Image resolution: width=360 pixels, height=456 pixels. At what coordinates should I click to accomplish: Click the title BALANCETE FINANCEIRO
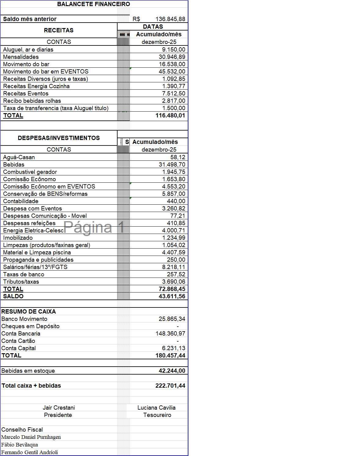(x=93, y=4)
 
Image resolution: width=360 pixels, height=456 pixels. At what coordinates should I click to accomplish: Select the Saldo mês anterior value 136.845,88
(x=170, y=19)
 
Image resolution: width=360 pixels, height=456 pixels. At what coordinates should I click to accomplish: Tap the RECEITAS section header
(x=59, y=30)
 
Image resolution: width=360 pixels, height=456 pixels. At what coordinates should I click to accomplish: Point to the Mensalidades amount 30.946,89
(x=172, y=57)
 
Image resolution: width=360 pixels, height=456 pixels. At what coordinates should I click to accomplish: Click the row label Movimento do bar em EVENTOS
(x=46, y=71)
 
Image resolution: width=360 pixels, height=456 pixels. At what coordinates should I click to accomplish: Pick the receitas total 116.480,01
(x=170, y=115)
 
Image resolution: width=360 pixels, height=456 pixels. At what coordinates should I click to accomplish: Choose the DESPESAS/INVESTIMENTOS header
(x=59, y=138)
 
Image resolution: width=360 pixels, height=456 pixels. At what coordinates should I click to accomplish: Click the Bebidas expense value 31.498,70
(x=172, y=164)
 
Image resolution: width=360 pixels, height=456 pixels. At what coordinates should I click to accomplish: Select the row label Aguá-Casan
(x=19, y=157)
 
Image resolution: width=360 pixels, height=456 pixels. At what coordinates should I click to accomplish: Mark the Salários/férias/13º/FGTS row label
(x=35, y=267)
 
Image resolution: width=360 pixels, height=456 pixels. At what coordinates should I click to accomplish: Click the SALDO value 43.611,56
(x=172, y=296)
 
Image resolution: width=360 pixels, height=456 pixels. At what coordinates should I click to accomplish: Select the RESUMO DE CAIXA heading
(x=29, y=311)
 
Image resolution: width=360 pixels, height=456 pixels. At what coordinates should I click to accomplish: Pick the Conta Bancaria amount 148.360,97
(x=170, y=333)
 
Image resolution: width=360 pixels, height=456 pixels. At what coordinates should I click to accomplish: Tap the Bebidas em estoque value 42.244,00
(x=172, y=371)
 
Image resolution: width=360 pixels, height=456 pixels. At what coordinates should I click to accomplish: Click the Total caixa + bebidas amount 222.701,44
(x=170, y=386)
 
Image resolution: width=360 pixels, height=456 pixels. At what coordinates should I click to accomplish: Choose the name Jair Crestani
(x=59, y=408)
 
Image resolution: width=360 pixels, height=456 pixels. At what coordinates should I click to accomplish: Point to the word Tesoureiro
(x=157, y=415)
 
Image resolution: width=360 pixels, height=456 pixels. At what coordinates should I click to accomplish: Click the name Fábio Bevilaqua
(x=20, y=445)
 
